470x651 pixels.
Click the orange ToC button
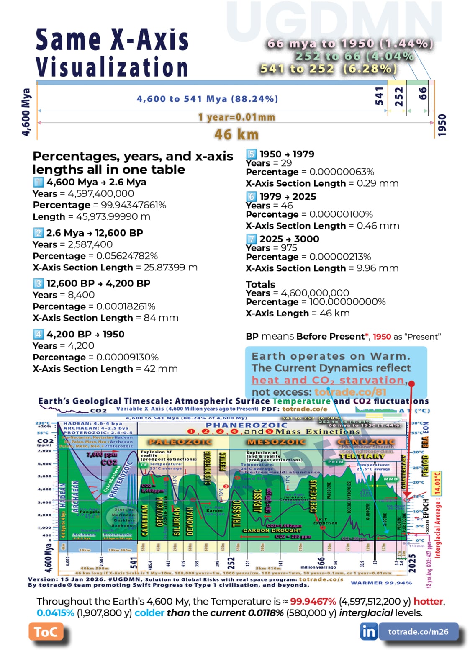[46, 631]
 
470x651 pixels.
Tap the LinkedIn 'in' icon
[368, 631]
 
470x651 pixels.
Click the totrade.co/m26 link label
[418, 631]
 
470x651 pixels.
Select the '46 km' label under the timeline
[236, 134]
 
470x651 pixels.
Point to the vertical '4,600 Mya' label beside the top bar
[26, 112]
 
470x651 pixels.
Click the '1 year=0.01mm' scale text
[236, 117]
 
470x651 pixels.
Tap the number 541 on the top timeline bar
[379, 96]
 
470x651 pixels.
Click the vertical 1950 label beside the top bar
[442, 125]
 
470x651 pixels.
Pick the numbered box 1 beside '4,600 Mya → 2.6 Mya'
[38, 182]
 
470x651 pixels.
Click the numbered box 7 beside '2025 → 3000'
[251, 239]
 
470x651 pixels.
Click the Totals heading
[260, 284]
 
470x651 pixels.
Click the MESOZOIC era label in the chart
[276, 442]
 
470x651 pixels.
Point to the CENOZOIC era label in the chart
[366, 442]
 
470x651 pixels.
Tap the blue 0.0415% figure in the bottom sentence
[55, 613]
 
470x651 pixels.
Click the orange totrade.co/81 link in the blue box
[350, 392]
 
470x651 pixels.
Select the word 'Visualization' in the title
[112, 67]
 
